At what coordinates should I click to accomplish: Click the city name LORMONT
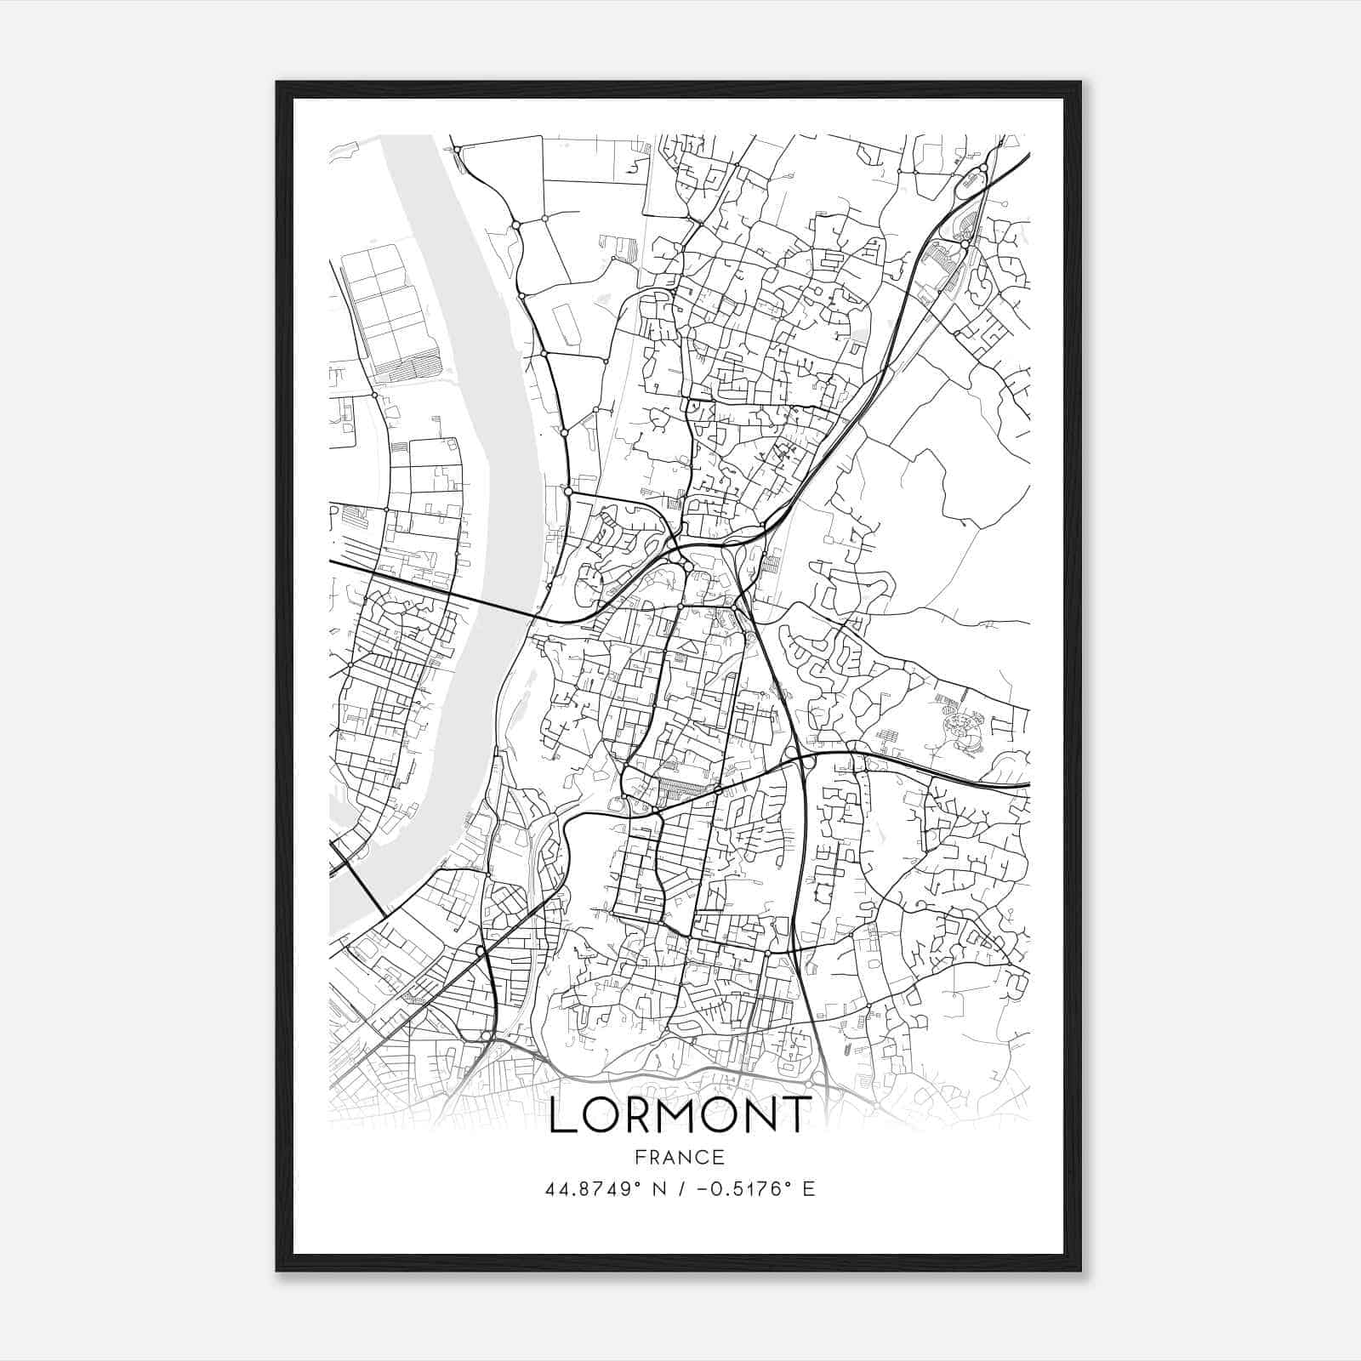pos(679,1115)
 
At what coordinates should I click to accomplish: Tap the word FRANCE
pos(678,1157)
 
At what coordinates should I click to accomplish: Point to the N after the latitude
pos(658,1188)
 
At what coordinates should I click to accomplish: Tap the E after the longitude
pos(808,1188)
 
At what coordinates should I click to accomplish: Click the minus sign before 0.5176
pos(703,1188)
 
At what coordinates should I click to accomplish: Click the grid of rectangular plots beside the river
pos(388,310)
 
